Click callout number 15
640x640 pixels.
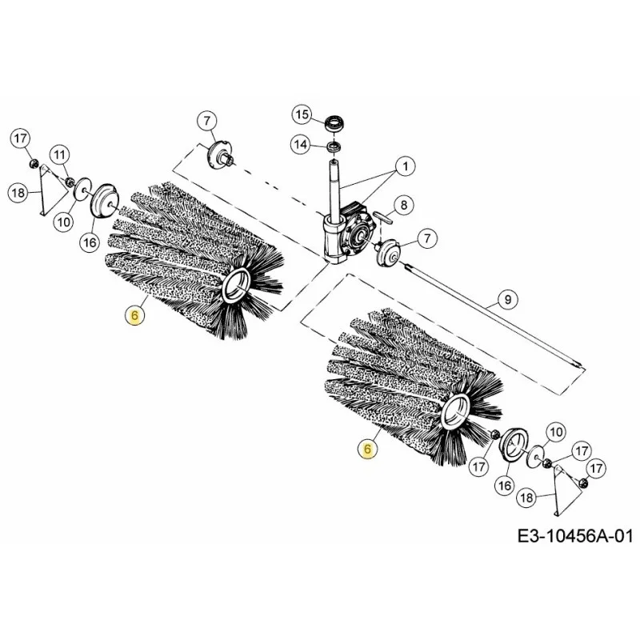pos(302,114)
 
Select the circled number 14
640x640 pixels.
pos(301,145)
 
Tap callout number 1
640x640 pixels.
pos(405,166)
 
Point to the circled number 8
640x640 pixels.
pos(403,205)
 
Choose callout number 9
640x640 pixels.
pos(507,299)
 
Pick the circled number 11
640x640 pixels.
pos(60,154)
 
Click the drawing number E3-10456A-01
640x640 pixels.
pos(574,535)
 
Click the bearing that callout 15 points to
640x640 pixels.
pos(334,124)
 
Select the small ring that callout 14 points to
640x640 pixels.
pos(334,146)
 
